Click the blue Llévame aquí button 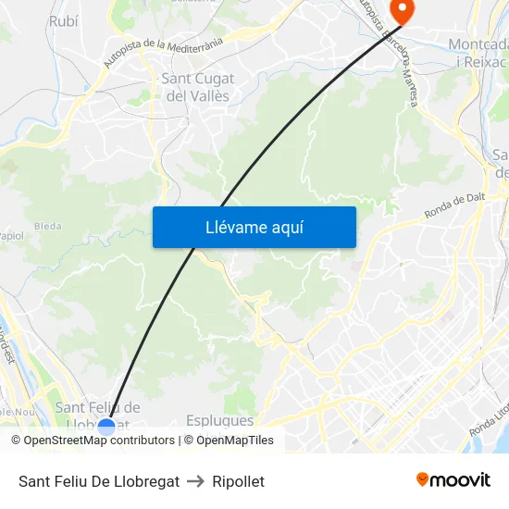pyautogui.click(x=254, y=227)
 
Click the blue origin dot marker pyautogui.click(x=106, y=427)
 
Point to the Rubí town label pyautogui.click(x=63, y=20)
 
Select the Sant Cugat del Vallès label pyautogui.click(x=198, y=87)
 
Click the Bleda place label pyautogui.click(x=47, y=225)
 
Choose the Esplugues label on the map pyautogui.click(x=219, y=420)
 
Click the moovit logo pyautogui.click(x=453, y=480)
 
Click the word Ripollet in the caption pyautogui.click(x=238, y=481)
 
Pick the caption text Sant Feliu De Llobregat pyautogui.click(x=99, y=481)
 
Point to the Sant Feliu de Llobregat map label pyautogui.click(x=98, y=408)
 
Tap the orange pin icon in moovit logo pyautogui.click(x=423, y=479)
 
